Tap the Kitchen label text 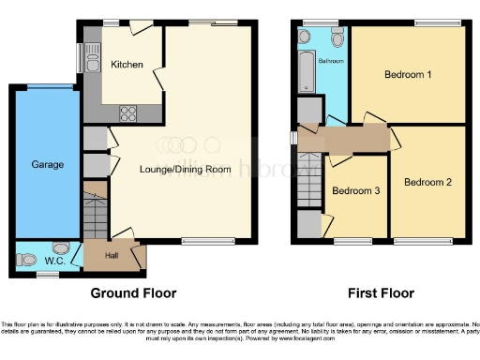127,65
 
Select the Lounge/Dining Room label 185,169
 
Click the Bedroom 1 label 407,74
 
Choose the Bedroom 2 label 427,182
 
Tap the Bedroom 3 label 356,191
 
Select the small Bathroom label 330,61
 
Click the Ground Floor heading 132,293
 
